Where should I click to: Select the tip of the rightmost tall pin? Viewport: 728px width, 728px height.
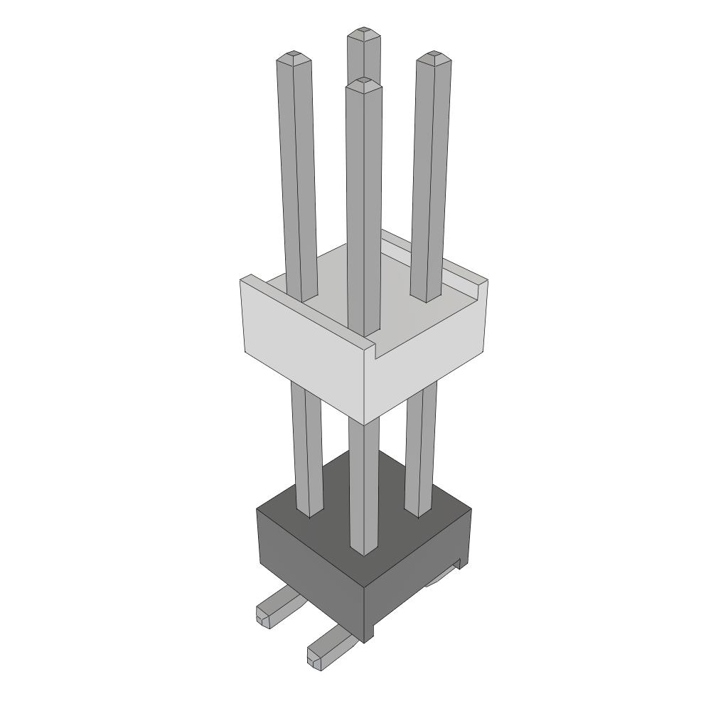(x=434, y=55)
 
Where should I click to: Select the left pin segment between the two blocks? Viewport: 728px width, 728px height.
(x=306, y=448)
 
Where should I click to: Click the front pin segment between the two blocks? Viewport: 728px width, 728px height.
(x=363, y=483)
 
